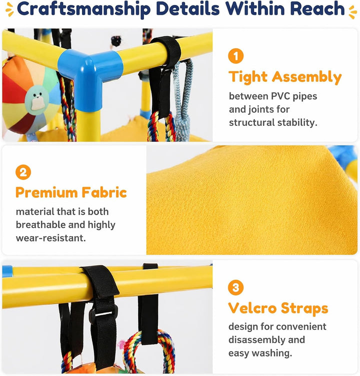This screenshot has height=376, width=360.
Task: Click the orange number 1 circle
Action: click(x=235, y=56)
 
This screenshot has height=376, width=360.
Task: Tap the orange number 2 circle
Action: click(x=23, y=172)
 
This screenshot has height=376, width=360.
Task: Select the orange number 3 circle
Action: click(x=235, y=287)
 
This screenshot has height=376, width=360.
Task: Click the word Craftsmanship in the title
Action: click(x=84, y=9)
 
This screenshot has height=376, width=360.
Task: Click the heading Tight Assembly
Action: click(x=285, y=77)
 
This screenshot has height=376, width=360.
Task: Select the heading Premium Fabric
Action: click(x=71, y=192)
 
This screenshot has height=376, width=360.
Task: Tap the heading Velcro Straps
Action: click(x=278, y=308)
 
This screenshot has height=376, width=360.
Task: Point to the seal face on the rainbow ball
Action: click(x=37, y=98)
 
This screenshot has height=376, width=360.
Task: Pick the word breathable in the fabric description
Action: click(x=40, y=225)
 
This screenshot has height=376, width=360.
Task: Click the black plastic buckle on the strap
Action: click(x=103, y=314)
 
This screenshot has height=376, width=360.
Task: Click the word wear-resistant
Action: click(x=50, y=238)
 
